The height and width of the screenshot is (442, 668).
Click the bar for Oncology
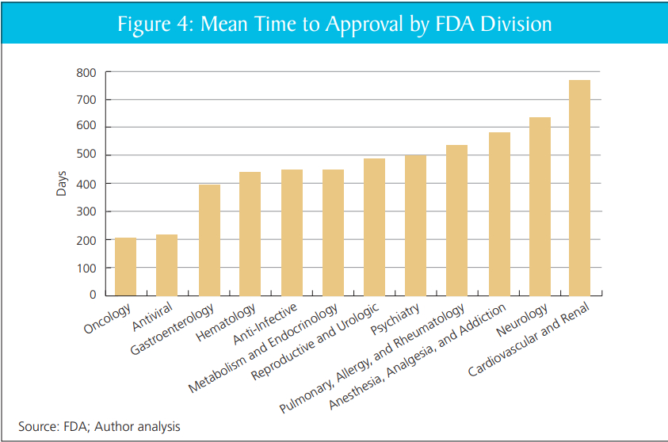click(x=126, y=266)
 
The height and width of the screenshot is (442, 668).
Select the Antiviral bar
click(x=167, y=265)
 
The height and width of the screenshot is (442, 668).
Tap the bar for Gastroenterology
click(x=209, y=240)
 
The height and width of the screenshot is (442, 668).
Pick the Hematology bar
click(x=250, y=234)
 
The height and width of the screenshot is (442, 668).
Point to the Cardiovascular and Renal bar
click(x=580, y=188)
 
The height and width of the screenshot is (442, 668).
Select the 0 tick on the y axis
click(x=92, y=295)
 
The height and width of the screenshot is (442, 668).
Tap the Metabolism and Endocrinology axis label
click(x=264, y=348)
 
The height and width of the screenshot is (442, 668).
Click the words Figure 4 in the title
click(x=154, y=24)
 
